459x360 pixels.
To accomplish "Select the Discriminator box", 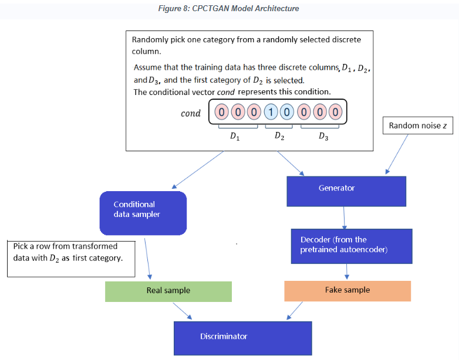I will tap(242, 338).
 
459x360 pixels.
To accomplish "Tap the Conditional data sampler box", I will tap(143, 213).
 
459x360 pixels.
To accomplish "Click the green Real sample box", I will tap(168, 291).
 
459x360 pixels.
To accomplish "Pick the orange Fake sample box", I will tap(347, 291).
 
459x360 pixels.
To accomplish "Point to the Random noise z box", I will tap(418, 125).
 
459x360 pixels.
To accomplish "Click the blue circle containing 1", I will tap(271, 112).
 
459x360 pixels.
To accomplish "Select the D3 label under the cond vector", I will tap(323, 137).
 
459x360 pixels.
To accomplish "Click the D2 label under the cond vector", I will tap(280, 137).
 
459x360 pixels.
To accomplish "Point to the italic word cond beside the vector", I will tap(191, 113).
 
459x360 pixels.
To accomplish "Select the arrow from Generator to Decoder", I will tap(344, 218).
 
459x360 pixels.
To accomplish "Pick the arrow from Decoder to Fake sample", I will tap(347, 272).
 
